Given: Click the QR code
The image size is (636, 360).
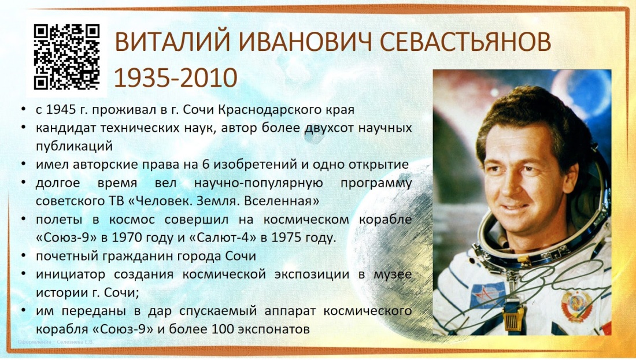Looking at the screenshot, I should [66, 56].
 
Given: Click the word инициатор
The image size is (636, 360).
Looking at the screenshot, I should [67, 274].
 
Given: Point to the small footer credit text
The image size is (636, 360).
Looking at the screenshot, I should [56, 342].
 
